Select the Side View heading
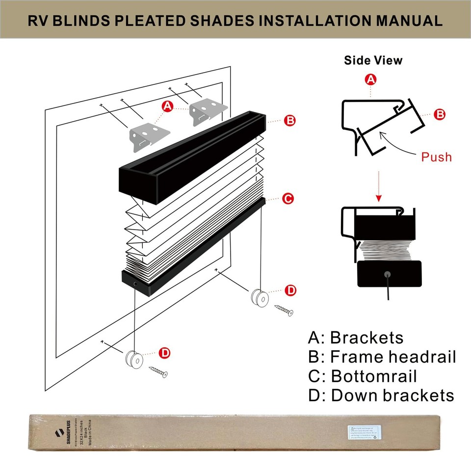[x=373, y=60]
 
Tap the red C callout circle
[x=288, y=198]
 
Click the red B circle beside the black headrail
[x=290, y=120]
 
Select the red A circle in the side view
[x=371, y=79]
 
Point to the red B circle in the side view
[x=440, y=114]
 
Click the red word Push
[x=436, y=157]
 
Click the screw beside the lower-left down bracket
[x=158, y=372]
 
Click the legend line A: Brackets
[x=356, y=338]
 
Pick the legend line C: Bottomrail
[x=363, y=376]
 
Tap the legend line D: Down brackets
[x=381, y=395]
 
